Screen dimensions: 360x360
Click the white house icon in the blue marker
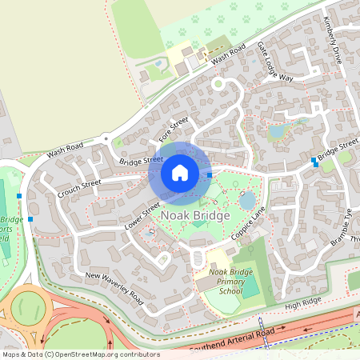[x=180, y=171]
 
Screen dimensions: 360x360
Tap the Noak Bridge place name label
[x=196, y=216]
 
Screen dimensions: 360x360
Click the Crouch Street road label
[x=79, y=189]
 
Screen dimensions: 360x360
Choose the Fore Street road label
[x=173, y=126]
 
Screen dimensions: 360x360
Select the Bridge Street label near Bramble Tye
[x=337, y=150]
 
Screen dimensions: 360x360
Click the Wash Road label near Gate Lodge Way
[x=228, y=54]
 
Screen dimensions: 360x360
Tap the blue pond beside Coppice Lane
[x=248, y=199]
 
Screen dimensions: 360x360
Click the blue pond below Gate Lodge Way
[x=278, y=131]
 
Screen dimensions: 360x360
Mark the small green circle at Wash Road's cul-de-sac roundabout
[x=217, y=82]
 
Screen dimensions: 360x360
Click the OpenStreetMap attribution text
[x=80, y=354]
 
